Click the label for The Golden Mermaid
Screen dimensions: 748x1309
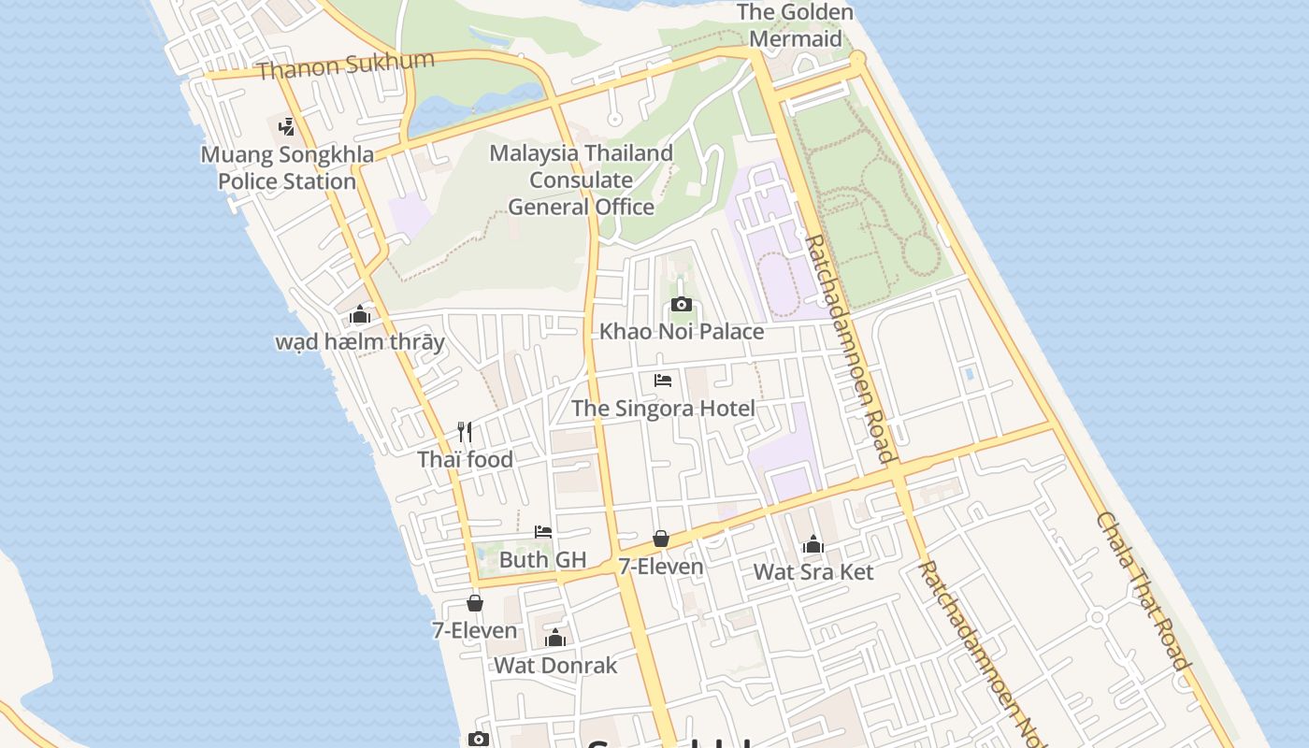coord(795,25)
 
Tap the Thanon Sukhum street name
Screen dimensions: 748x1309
coord(345,65)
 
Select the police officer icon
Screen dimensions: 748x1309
coord(287,126)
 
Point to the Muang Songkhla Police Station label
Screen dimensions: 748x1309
coord(287,167)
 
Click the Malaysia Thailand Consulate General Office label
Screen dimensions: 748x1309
coord(581,180)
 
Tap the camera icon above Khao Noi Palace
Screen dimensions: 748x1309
coord(682,304)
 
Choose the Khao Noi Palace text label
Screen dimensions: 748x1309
coord(681,331)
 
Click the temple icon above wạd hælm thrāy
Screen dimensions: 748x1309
coord(360,315)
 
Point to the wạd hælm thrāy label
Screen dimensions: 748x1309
coord(360,341)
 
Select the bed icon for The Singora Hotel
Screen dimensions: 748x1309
coord(663,381)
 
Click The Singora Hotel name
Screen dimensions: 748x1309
coord(663,408)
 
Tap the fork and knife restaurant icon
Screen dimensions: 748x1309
coord(465,432)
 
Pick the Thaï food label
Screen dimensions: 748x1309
coord(465,459)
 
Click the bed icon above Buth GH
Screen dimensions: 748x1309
coord(543,532)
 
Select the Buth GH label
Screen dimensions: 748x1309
coord(542,559)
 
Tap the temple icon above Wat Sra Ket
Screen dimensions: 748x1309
coord(813,545)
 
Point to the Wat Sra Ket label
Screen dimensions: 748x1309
coord(813,571)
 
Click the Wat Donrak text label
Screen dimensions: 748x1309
coord(555,665)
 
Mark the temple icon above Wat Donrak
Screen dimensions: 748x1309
coord(555,639)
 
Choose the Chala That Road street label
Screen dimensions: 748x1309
coord(1144,591)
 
